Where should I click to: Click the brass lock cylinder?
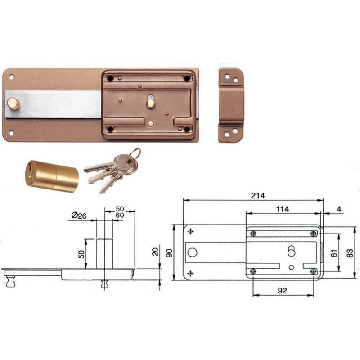[x=52, y=176]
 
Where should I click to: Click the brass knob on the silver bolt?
[x=13, y=103]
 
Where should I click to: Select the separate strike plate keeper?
[x=231, y=105]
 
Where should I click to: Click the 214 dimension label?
[x=257, y=196]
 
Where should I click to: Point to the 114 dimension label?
[x=283, y=209]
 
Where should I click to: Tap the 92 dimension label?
[x=282, y=291]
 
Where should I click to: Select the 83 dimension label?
[x=350, y=253]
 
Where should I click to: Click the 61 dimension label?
[x=334, y=253]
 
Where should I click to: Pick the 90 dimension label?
[x=169, y=253]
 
